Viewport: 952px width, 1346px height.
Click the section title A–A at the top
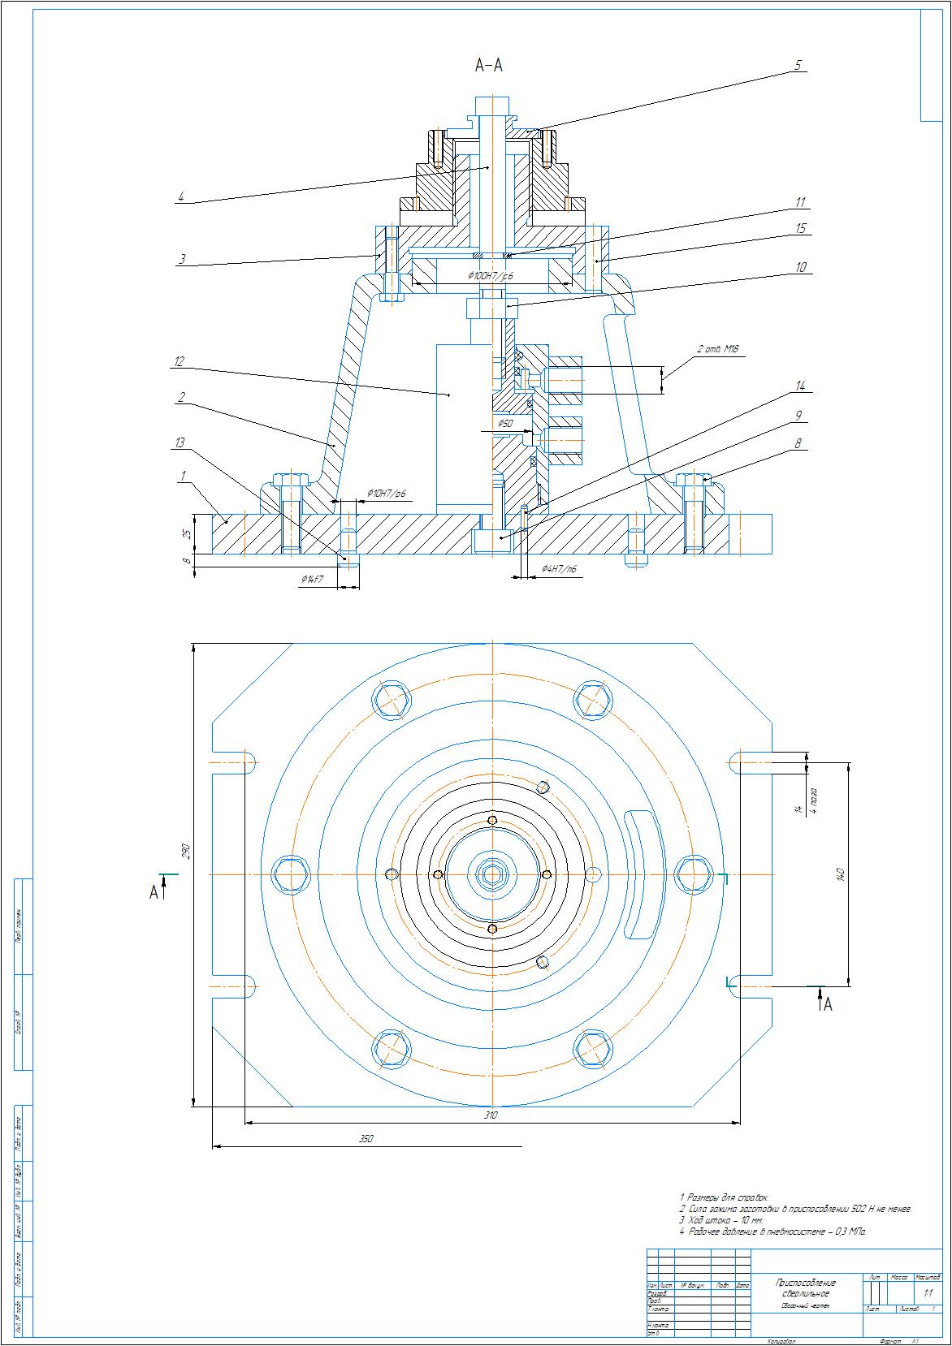489,66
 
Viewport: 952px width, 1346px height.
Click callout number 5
798,65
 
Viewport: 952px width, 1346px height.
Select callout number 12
178,362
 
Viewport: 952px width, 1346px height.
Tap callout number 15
801,229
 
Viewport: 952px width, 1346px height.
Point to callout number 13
180,442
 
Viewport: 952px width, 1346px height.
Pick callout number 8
798,444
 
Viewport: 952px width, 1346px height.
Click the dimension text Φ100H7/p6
491,276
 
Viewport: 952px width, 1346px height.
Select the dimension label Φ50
506,424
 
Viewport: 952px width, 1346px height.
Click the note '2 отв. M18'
718,351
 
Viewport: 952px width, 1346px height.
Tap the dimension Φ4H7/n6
560,571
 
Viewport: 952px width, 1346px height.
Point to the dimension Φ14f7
312,580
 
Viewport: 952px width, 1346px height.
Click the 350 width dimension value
366,1139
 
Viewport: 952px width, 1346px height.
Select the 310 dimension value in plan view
491,1115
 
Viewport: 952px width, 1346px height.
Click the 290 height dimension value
186,852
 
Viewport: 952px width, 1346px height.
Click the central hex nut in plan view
492,874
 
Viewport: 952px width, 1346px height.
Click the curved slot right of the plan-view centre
640,874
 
